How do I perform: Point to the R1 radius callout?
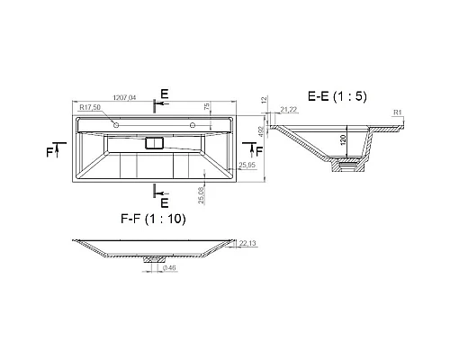tap(397, 112)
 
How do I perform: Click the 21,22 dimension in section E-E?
tap(289, 110)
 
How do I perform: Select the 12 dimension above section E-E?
tap(262, 103)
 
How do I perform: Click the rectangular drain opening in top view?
tap(155, 142)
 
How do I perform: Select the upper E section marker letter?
tap(164, 94)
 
